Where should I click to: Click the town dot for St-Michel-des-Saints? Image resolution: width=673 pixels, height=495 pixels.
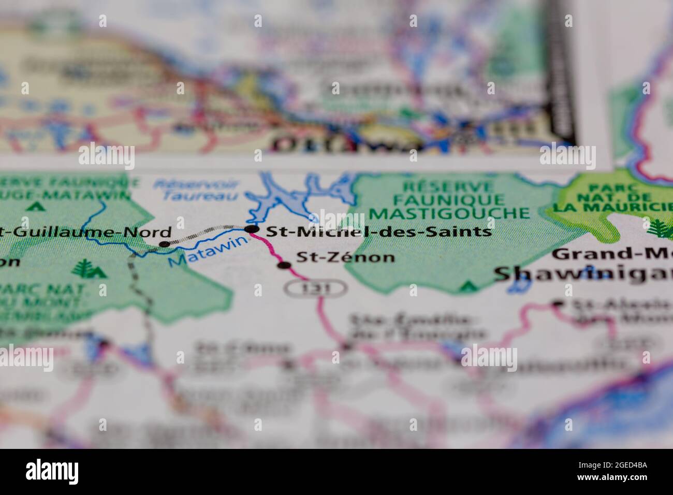252,229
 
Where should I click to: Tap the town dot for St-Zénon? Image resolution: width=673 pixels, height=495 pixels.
284,266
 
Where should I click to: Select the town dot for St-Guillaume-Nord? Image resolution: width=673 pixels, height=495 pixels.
164,244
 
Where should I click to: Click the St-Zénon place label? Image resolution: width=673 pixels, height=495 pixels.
345,257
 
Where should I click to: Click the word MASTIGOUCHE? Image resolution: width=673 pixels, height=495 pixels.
449,213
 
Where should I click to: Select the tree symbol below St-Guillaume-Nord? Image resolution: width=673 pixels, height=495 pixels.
83,269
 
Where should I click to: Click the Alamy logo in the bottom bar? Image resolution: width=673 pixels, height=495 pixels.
52,471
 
